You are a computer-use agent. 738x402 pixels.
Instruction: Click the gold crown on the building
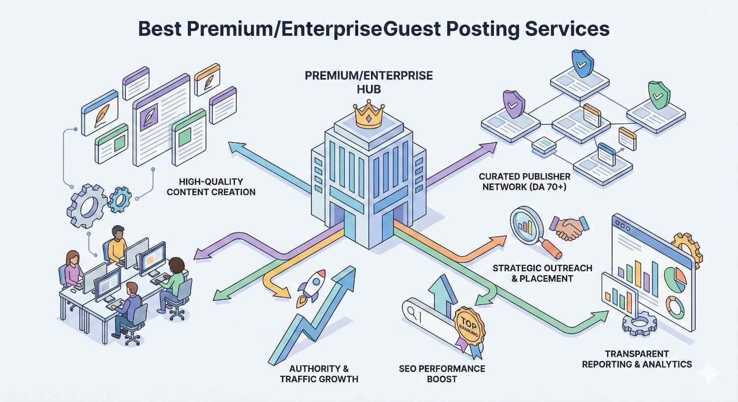[x=369, y=116]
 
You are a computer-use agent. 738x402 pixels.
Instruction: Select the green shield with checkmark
[x=659, y=95]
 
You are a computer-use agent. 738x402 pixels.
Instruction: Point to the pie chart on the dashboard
[x=676, y=279]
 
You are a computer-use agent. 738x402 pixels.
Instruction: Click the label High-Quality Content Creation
[x=211, y=187]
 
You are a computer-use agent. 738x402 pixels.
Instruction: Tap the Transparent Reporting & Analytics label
[x=637, y=359]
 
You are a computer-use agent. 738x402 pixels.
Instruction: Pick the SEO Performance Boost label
[x=442, y=374]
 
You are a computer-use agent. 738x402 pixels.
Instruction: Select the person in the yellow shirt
[x=117, y=244]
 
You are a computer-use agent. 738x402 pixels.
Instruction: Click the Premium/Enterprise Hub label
[x=369, y=83]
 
